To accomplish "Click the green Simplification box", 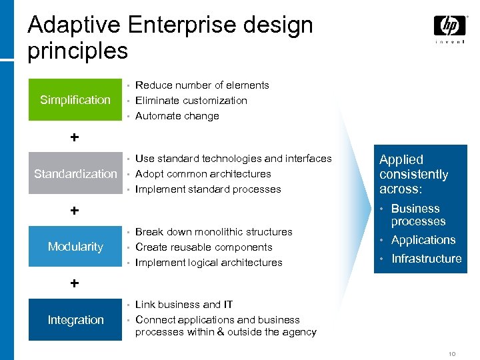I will tap(75, 100).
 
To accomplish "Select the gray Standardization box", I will tap(75, 174).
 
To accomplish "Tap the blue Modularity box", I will tap(75, 247).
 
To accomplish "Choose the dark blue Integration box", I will tap(75, 320).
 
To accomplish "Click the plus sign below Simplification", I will tap(75, 137).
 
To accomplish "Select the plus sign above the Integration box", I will tap(75, 283).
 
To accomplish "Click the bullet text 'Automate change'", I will tap(177, 116).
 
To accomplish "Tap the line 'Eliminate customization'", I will tap(191, 101).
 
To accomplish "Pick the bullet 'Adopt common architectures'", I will tap(203, 174).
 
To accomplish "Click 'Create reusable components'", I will tap(203, 247).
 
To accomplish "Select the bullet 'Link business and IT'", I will tap(184, 305).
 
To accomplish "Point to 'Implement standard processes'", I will tap(208, 189).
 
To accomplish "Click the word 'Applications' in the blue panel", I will tap(423, 240).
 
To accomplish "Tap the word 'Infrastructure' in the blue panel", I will tap(426, 259).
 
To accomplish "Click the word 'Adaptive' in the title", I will tap(74, 25).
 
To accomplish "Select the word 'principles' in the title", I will tap(77, 51).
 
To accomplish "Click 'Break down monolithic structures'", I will tap(213, 232).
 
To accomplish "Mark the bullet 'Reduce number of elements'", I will tap(202, 85).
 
